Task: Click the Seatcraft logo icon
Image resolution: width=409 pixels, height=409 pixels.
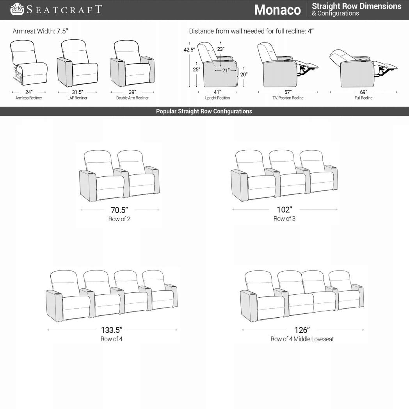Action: click(17, 9)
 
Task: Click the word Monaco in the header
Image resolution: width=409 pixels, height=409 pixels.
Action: click(277, 10)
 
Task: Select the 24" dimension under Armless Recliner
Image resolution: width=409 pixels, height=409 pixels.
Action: click(28, 92)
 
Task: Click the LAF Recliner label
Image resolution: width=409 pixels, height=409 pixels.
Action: click(77, 98)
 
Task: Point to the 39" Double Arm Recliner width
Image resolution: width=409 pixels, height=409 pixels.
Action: click(132, 92)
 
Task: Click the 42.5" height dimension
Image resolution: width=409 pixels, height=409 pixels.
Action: click(189, 50)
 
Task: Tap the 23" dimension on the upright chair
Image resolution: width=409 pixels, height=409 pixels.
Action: click(221, 49)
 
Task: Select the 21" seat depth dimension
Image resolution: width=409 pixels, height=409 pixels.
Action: click(226, 70)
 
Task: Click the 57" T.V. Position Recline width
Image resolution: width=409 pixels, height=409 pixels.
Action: click(288, 92)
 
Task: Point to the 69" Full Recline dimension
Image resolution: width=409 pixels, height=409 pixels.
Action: click(363, 92)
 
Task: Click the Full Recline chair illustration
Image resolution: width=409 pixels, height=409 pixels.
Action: click(361, 69)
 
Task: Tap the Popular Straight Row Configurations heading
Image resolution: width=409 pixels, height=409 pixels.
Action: click(204, 112)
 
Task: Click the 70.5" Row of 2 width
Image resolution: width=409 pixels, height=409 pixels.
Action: click(120, 210)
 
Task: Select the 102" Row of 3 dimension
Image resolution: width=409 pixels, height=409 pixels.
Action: click(285, 210)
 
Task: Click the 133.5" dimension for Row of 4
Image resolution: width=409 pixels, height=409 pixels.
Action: click(112, 330)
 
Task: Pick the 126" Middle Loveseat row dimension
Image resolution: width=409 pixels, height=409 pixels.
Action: click(302, 330)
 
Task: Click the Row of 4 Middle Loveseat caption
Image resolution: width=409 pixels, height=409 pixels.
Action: click(302, 339)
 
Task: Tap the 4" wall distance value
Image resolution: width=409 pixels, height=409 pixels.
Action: click(310, 31)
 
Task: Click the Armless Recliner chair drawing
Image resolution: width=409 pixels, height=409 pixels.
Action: click(28, 63)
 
